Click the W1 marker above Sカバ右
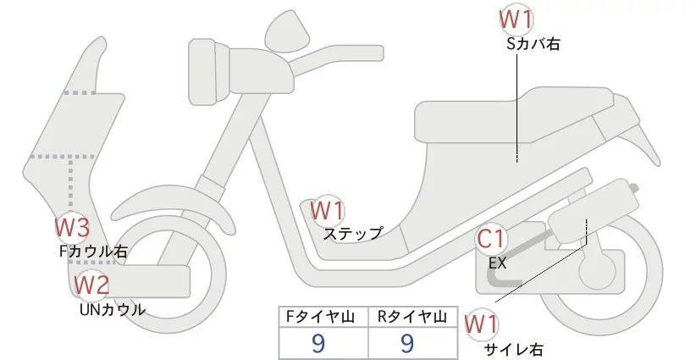(x=516, y=18)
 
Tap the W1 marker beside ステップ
(x=327, y=209)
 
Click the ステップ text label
(x=353, y=233)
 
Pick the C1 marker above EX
(x=492, y=240)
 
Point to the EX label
(x=497, y=263)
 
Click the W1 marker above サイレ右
(x=483, y=324)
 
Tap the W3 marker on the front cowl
(x=72, y=227)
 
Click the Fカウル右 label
(x=93, y=251)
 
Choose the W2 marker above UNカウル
(x=91, y=285)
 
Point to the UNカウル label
(x=112, y=309)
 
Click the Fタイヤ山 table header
(x=321, y=317)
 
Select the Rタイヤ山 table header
(x=411, y=317)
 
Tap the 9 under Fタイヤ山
(x=319, y=343)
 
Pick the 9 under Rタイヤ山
(x=407, y=343)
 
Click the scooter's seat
(x=516, y=114)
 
